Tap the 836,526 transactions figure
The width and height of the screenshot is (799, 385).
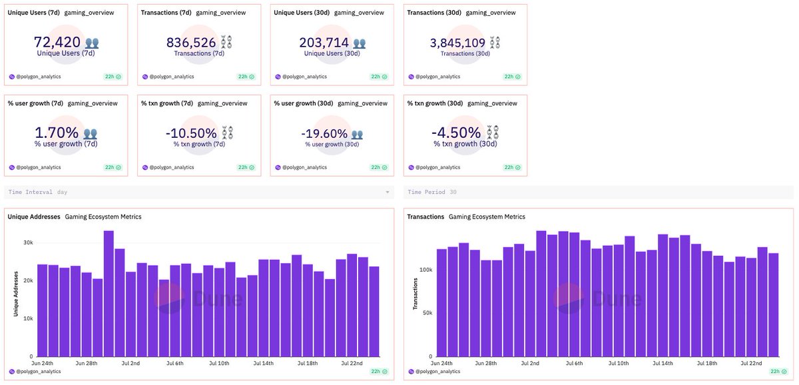(191, 43)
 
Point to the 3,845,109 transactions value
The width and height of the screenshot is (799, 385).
(457, 43)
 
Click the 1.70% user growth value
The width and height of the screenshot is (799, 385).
(56, 133)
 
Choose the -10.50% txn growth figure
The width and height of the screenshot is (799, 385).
(191, 133)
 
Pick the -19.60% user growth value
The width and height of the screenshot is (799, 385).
(324, 133)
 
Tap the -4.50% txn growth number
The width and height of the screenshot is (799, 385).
(456, 133)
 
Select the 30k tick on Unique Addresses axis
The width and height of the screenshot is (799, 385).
(28, 242)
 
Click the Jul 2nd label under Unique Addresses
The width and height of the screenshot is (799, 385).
(131, 363)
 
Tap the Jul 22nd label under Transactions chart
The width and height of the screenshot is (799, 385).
(750, 363)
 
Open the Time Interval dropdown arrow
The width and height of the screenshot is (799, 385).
(388, 192)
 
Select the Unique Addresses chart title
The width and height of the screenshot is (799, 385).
(34, 216)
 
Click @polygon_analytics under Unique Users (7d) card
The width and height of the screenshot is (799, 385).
(38, 77)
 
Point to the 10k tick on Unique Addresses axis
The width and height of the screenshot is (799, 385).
(28, 318)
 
